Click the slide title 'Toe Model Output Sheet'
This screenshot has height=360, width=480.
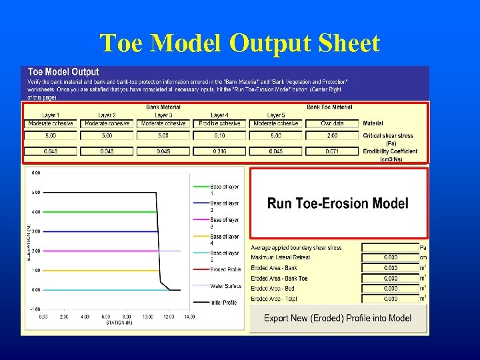(240, 43)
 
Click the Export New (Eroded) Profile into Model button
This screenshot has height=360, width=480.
(337, 318)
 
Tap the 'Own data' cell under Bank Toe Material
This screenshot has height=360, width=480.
(332, 123)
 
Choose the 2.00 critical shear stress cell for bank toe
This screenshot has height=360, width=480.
(332, 135)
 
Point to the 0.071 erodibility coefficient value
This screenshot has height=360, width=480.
(332, 151)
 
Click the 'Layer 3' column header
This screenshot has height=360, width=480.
(163, 115)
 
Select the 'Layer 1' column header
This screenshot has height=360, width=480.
(51, 115)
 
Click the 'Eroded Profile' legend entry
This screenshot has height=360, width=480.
(225, 269)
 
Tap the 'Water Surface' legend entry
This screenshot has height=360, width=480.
(225, 286)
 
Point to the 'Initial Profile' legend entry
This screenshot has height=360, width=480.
(225, 303)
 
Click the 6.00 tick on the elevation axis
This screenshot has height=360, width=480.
(37, 173)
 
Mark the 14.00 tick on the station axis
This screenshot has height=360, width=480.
(189, 317)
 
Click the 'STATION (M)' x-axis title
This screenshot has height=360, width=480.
(119, 323)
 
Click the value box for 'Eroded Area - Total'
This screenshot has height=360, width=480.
(390, 299)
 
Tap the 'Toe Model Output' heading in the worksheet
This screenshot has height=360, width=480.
(63, 71)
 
